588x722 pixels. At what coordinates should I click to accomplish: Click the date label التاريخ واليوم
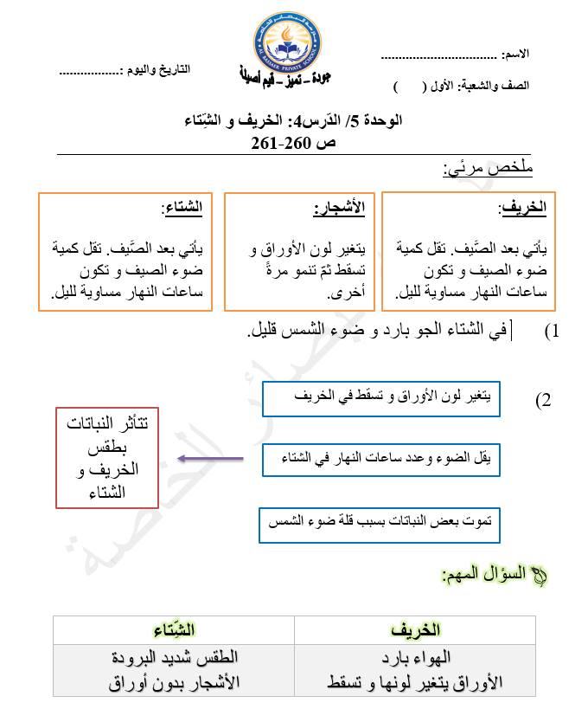click(x=156, y=68)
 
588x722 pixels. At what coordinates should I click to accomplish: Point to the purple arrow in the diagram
click(x=209, y=460)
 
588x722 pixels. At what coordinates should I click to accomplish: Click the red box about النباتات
click(x=107, y=458)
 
